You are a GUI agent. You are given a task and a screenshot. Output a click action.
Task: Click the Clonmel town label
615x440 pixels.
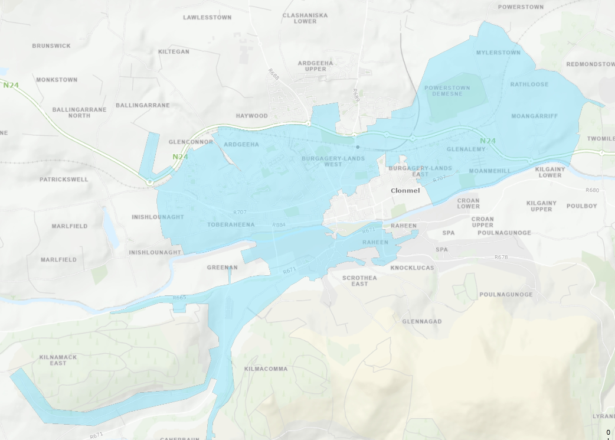(405, 191)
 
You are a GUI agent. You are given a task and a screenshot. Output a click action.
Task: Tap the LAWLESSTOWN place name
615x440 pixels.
(207, 18)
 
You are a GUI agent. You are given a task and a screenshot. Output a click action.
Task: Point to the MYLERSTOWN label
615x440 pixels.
(498, 53)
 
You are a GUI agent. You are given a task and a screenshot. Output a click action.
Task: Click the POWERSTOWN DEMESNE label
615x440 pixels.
(447, 91)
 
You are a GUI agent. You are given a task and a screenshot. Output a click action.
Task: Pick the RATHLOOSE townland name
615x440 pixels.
(529, 84)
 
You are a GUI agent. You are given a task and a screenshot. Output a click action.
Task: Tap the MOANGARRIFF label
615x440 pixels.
(534, 116)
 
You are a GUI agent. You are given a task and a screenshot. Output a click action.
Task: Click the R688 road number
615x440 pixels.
(273, 75)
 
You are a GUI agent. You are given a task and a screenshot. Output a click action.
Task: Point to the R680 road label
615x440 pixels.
(592, 190)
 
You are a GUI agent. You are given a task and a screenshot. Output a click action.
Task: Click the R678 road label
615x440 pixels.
(501, 258)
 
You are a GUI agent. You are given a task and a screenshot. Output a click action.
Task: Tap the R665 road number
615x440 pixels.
(180, 297)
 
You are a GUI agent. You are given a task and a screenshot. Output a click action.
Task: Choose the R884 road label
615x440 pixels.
(279, 225)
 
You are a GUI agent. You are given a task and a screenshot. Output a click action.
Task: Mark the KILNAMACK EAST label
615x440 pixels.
(58, 360)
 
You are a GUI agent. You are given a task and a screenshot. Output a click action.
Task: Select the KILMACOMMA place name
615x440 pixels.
(266, 369)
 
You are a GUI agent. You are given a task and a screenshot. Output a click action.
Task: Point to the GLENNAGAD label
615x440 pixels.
(421, 322)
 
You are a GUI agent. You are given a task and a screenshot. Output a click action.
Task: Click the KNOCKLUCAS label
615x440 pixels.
(412, 268)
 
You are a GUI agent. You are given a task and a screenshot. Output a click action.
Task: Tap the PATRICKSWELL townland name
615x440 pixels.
(64, 180)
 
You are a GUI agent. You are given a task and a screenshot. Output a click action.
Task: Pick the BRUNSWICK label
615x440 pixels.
(51, 46)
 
